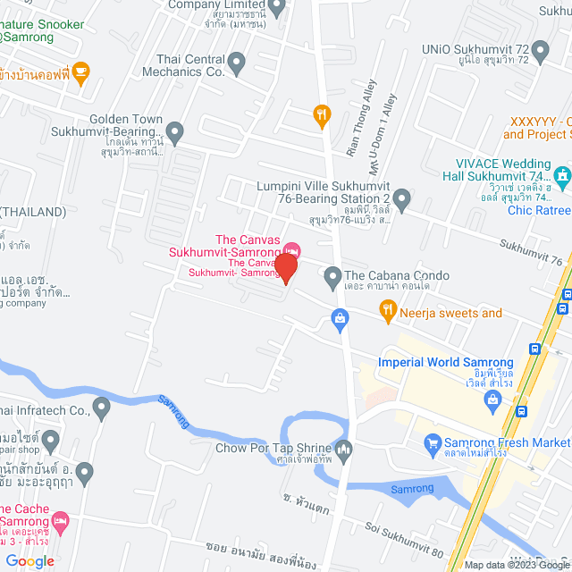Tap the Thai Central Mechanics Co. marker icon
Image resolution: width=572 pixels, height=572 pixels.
tap(237, 63)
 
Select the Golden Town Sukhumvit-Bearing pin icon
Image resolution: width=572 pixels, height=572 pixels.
tap(175, 133)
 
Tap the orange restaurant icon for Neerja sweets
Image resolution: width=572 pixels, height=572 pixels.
tap(387, 312)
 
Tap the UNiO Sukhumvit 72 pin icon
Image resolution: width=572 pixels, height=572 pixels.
tap(542, 53)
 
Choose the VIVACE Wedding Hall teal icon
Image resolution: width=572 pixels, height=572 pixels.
tap(561, 176)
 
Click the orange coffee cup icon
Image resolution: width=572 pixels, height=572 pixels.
tap(80, 72)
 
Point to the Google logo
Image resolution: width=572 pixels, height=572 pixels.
tap(29, 560)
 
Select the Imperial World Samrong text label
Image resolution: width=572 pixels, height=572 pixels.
tap(445, 362)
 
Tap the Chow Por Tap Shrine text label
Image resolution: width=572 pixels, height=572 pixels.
tap(272, 449)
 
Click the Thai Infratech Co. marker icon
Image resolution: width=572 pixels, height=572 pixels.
tap(102, 409)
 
